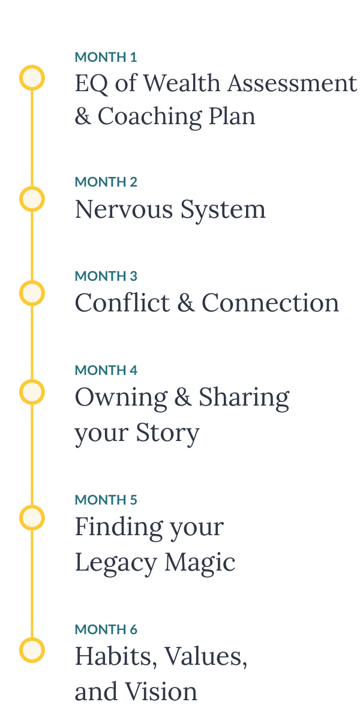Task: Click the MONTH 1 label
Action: (x=106, y=58)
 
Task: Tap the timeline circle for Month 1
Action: (x=32, y=78)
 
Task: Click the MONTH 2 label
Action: (x=106, y=182)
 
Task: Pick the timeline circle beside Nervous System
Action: (x=32, y=199)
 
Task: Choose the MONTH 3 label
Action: (x=106, y=276)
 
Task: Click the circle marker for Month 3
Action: (x=32, y=293)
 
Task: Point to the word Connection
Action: (x=270, y=303)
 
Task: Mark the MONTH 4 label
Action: (x=106, y=370)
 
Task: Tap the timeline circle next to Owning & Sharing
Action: (x=32, y=392)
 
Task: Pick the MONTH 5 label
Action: (x=106, y=500)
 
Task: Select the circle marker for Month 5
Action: (x=32, y=518)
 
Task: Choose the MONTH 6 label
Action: (x=106, y=629)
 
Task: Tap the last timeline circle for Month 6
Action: (x=32, y=650)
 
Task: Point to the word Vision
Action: (x=161, y=691)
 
